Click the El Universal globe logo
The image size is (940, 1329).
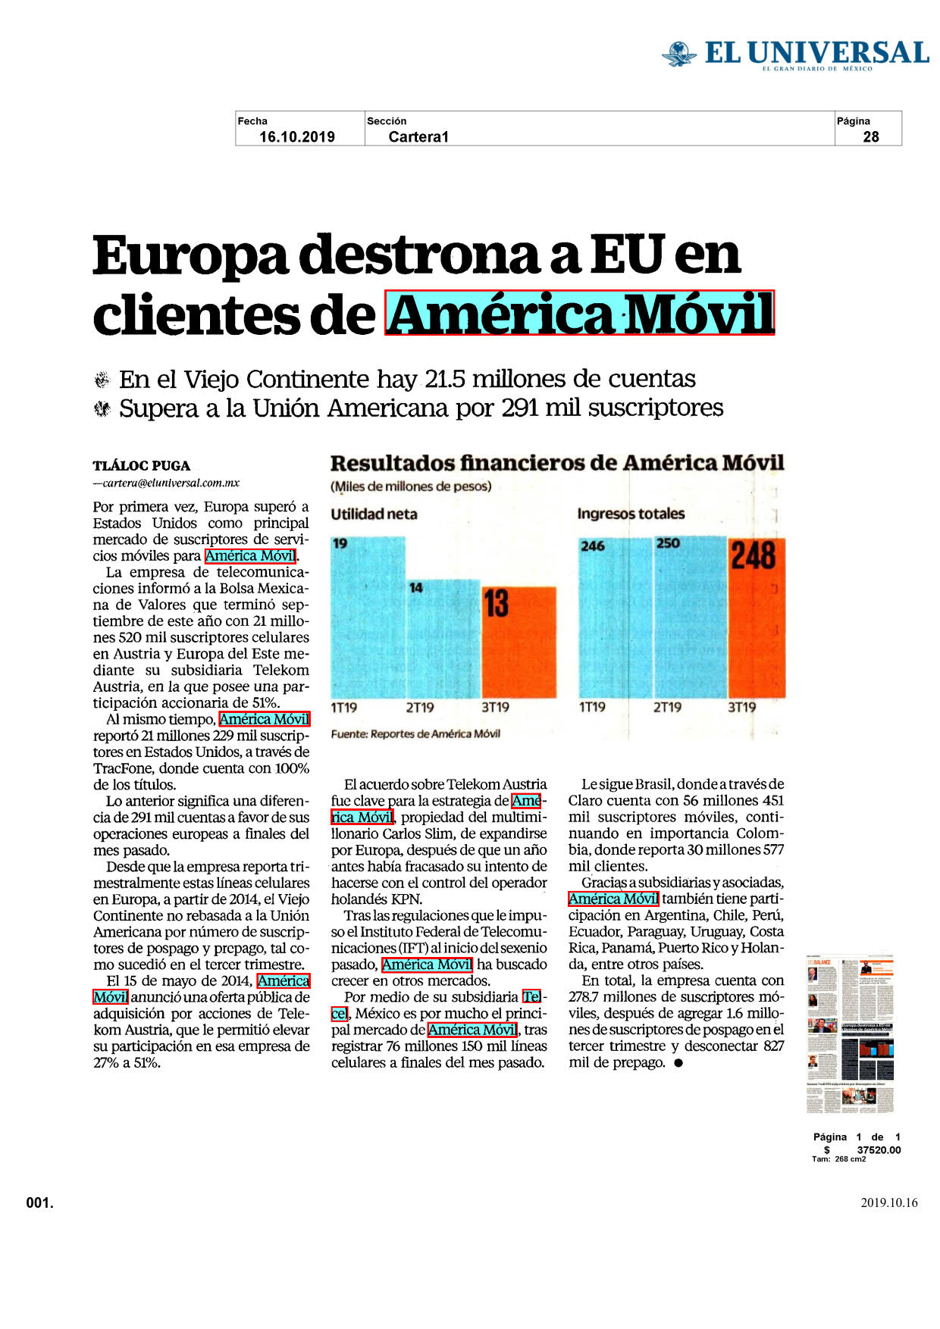click(678, 54)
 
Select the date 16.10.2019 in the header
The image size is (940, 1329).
click(297, 137)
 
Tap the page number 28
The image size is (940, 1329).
click(871, 137)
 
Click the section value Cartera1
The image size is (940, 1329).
click(418, 137)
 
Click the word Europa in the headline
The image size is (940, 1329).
click(190, 256)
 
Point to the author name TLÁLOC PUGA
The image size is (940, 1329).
click(142, 466)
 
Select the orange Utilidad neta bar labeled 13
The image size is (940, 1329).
click(519, 642)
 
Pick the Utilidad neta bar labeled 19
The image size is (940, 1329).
click(368, 618)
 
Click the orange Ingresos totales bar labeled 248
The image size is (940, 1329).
click(757, 618)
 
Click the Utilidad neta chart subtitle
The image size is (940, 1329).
click(374, 514)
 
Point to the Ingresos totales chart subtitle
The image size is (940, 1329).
click(631, 514)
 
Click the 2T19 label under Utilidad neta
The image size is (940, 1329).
click(419, 708)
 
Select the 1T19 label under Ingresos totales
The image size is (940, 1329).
click(592, 708)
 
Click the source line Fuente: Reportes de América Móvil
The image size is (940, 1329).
click(415, 733)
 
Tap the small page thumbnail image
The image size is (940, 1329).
click(850, 1034)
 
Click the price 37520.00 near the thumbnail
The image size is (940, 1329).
click(879, 1149)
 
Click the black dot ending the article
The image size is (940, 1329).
click(678, 1063)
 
